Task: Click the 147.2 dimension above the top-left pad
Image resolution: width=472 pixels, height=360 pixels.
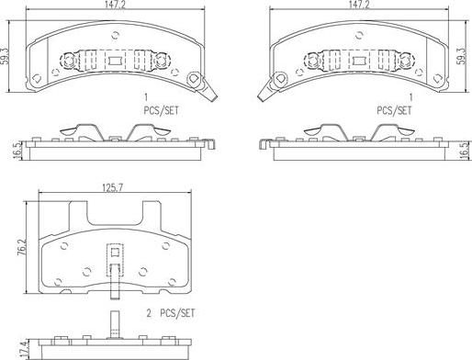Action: [x=116, y=5]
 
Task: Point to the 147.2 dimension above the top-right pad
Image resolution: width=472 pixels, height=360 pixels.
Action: [x=359, y=5]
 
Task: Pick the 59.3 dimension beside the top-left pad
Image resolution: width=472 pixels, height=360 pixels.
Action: [x=5, y=56]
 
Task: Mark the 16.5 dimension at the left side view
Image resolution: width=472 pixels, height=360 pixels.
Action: [x=18, y=150]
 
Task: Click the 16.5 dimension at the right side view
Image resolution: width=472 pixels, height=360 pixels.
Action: [x=465, y=150]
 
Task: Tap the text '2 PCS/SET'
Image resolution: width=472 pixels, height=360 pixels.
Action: [x=171, y=313]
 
